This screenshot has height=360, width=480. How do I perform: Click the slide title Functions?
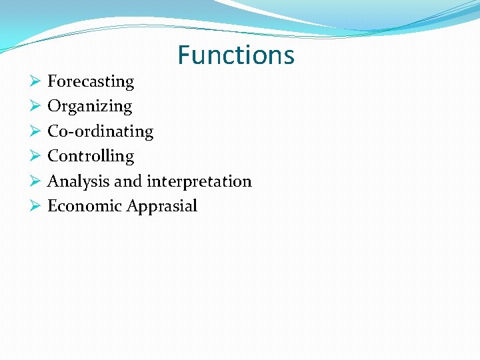coord(236,55)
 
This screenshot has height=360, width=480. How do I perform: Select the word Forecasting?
coord(91,82)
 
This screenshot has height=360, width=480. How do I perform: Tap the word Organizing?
coord(89,107)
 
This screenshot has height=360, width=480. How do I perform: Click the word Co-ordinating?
coord(100,131)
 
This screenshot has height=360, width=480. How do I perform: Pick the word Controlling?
coord(91,156)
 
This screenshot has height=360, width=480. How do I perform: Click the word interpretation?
coord(199,181)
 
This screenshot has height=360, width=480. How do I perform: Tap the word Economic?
coord(85,206)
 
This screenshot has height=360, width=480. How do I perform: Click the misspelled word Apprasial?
coord(162,207)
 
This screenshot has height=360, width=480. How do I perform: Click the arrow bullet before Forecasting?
coord(35,82)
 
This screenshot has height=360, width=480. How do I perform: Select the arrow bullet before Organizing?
coord(35,107)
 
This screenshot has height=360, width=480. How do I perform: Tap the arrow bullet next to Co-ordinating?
coord(35,131)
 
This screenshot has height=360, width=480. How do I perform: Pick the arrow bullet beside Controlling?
coord(35,156)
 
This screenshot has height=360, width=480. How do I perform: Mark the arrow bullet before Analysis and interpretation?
coord(35,181)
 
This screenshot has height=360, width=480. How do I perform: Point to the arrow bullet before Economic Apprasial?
coord(35,206)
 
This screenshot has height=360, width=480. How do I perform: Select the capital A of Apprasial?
coord(132,206)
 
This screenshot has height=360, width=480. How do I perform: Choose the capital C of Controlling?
coord(53,156)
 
